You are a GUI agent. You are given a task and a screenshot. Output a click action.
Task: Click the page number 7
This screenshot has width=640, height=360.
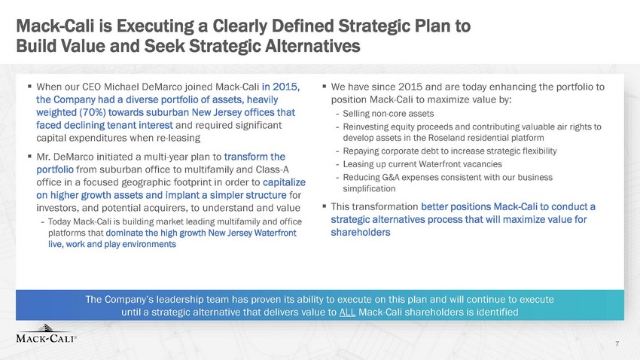[617, 343]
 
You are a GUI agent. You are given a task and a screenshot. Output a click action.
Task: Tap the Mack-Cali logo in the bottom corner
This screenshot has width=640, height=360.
[46, 334]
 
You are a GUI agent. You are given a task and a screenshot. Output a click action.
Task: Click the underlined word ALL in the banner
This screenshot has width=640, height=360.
[347, 313]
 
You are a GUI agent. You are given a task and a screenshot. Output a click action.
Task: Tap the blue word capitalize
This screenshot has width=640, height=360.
[284, 182]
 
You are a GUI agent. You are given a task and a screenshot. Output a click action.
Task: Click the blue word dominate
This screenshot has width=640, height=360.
[124, 233]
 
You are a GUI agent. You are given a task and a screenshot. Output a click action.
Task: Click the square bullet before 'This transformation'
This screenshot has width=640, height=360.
[325, 206]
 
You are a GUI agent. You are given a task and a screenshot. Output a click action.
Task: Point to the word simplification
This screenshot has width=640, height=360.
[369, 188]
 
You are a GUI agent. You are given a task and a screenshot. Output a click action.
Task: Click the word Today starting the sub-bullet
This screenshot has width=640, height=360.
[59, 221]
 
